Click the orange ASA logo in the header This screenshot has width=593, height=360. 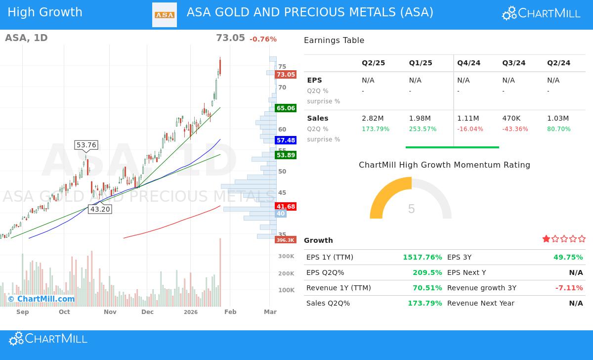pyautogui.click(x=165, y=15)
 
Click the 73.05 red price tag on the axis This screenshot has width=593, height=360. pyautogui.click(x=286, y=75)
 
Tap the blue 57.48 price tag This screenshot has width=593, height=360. pyautogui.click(x=286, y=140)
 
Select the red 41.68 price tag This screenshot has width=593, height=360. pyautogui.click(x=286, y=207)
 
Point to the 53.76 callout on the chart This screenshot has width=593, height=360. pyautogui.click(x=86, y=145)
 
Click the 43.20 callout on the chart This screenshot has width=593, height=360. pyautogui.click(x=100, y=209)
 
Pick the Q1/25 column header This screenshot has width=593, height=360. pyautogui.click(x=421, y=63)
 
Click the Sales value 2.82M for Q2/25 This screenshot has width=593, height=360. pyautogui.click(x=373, y=118)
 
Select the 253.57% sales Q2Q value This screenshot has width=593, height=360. pyautogui.click(x=423, y=129)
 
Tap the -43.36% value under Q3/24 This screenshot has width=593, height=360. pyautogui.click(x=515, y=129)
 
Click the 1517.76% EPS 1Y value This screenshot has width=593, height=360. pyautogui.click(x=423, y=257)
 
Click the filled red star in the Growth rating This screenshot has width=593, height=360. pyautogui.click(x=546, y=239)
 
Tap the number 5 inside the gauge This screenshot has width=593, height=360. pyautogui.click(x=411, y=209)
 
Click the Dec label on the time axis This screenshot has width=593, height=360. pyautogui.click(x=147, y=312)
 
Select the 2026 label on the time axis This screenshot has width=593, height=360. pyautogui.click(x=190, y=312)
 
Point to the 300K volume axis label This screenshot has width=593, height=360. pyautogui.click(x=286, y=256)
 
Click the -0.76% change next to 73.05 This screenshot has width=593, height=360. pyautogui.click(x=263, y=40)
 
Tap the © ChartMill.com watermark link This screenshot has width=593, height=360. pyautogui.click(x=41, y=299)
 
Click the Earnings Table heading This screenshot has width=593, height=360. pyautogui.click(x=334, y=41)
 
